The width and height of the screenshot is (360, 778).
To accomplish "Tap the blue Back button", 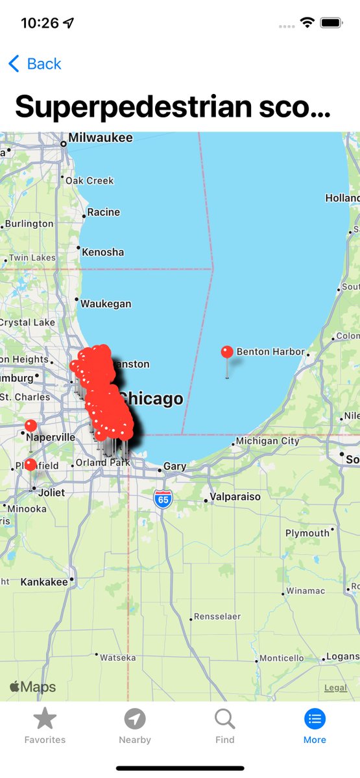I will click(x=35, y=64).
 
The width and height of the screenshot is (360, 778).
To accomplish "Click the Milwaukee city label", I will click(x=100, y=138).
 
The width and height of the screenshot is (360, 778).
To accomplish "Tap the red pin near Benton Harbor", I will click(x=227, y=353).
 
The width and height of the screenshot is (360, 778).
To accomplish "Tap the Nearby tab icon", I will click(x=135, y=719).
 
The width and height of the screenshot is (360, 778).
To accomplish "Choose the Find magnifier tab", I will click(x=224, y=719).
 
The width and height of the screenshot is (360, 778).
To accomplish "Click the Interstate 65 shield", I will click(x=163, y=499).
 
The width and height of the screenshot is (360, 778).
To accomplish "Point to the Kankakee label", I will click(x=44, y=582).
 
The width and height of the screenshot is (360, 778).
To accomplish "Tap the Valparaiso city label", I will click(x=234, y=497).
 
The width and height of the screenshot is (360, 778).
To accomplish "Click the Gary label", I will click(x=174, y=466).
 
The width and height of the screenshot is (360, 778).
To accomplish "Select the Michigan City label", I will click(x=267, y=441).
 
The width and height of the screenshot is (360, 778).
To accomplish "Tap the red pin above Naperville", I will click(x=30, y=425).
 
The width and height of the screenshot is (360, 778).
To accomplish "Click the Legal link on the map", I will click(x=335, y=688).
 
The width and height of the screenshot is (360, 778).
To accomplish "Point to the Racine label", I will click(x=104, y=212).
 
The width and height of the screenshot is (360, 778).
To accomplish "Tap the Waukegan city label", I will click(x=106, y=303).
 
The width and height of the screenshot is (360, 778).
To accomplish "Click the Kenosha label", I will click(x=103, y=252).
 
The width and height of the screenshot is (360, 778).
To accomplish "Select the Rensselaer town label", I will click(x=217, y=617).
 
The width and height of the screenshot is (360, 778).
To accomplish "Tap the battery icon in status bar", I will click(x=331, y=23).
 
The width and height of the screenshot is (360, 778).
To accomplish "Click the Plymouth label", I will click(x=307, y=533).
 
